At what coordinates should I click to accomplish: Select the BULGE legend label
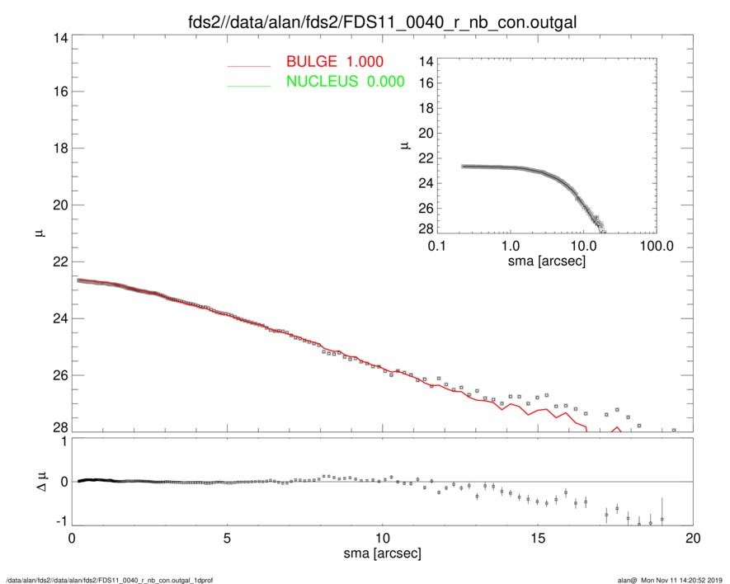pos(334,62)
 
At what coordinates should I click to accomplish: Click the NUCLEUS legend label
pos(345,82)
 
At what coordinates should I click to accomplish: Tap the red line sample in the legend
pos(249,65)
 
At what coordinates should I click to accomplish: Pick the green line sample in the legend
pos(249,85)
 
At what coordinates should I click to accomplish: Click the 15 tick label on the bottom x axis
pos(538,537)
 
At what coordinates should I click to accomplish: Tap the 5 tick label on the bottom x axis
pos(227,537)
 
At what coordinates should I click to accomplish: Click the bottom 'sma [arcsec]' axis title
pos(382,553)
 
